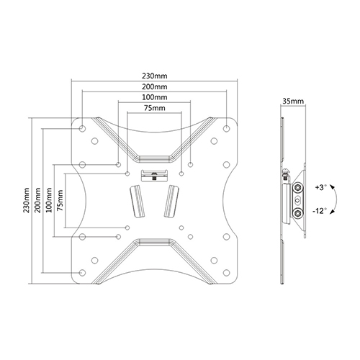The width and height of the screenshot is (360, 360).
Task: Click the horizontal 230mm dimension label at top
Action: tap(155, 76)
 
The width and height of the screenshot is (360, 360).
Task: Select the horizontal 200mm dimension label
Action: tap(155, 86)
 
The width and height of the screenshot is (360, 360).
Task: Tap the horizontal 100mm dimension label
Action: tap(155, 97)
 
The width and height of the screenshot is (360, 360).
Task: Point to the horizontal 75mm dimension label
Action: tap(155, 108)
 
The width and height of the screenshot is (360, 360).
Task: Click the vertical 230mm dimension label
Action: tap(27, 200)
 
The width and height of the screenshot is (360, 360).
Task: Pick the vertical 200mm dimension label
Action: tap(37, 200)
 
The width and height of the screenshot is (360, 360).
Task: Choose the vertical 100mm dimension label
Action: tap(49, 200)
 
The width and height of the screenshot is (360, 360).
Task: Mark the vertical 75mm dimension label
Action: tap(60, 200)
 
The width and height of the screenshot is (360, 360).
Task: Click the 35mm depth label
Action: tap(293, 101)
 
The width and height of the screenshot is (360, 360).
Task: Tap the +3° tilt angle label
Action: tap(321, 187)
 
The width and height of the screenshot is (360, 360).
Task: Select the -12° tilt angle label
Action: tap(320, 211)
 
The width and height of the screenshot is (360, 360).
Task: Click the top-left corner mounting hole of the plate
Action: tap(82, 128)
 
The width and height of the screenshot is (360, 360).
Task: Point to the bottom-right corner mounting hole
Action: tap(226, 273)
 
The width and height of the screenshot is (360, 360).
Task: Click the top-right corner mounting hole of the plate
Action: tap(226, 128)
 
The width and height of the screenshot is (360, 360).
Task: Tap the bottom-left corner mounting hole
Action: tap(82, 273)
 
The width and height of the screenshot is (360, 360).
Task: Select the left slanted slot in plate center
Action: tap(137, 201)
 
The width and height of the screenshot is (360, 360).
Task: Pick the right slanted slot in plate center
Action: tap(171, 201)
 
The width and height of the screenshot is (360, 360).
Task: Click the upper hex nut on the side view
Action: tap(298, 187)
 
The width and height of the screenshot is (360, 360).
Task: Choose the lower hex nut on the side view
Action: tap(298, 212)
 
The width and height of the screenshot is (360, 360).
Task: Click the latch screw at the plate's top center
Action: tap(154, 176)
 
